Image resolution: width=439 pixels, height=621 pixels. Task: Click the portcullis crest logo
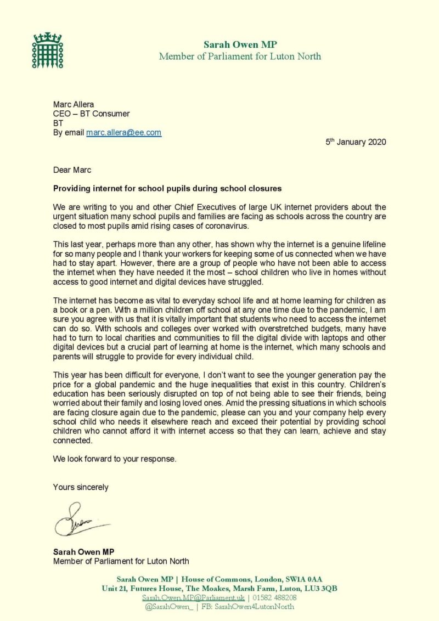pyautogui.click(x=47, y=50)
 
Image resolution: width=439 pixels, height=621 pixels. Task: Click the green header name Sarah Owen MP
pyautogui.click(x=240, y=44)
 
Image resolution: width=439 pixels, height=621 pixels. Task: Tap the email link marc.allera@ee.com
pyautogui.click(x=123, y=132)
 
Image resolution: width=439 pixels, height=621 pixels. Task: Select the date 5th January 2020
pyautogui.click(x=356, y=142)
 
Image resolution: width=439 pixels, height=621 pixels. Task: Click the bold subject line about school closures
pyautogui.click(x=167, y=188)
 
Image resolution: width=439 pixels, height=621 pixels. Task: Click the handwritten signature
pyautogui.click(x=80, y=522)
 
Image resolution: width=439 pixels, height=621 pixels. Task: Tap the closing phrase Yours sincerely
pyautogui.click(x=81, y=487)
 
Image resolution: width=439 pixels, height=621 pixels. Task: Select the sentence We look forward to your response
pyautogui.click(x=115, y=459)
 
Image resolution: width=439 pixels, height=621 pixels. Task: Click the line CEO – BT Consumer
pyautogui.click(x=91, y=114)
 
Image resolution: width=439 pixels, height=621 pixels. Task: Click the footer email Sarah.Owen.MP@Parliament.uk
pyautogui.click(x=193, y=597)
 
